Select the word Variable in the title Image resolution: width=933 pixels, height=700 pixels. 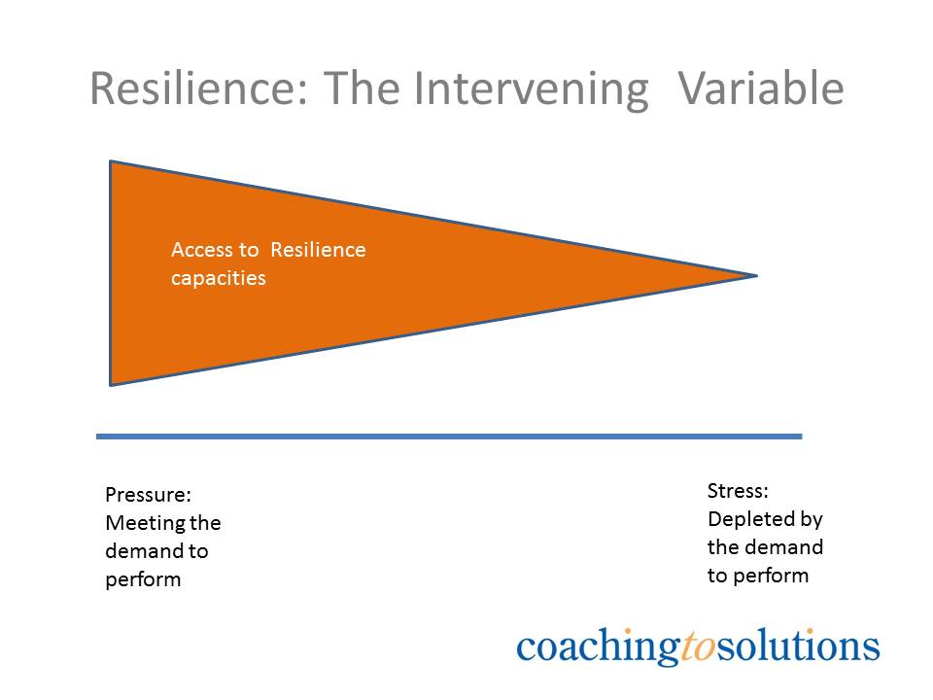click(760, 89)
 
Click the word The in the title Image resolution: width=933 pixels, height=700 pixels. click(362, 89)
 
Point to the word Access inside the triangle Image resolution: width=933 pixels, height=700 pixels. click(201, 250)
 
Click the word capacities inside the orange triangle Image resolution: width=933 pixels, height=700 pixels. click(218, 278)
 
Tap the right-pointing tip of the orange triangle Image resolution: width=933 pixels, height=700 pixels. click(754, 276)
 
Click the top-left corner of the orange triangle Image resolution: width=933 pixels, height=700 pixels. click(112, 163)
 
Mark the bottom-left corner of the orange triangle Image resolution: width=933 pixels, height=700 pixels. click(112, 383)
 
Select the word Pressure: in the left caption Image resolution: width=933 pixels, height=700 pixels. click(148, 495)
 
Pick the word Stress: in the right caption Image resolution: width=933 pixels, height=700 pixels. click(738, 490)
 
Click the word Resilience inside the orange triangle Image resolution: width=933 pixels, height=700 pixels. click(318, 250)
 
